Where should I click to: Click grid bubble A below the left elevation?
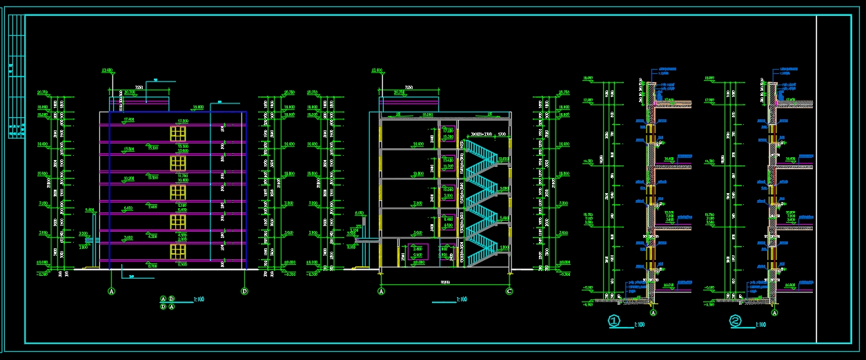coord(111,292)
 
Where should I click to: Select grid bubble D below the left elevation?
coord(244,292)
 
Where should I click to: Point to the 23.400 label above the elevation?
coord(107,70)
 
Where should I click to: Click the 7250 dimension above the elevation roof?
coord(139,88)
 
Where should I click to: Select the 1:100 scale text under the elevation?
coord(199,299)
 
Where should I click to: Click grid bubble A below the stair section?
coord(380,292)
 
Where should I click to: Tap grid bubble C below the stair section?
coord(509,292)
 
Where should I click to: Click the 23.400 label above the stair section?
coord(377,70)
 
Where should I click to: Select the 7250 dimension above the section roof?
coord(409,88)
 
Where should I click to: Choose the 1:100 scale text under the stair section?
coord(462,299)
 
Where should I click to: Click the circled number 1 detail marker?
coord(614,321)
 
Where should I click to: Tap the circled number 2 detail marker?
coord(736,321)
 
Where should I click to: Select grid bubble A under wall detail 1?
coord(653,312)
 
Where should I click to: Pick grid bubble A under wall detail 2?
coord(774,312)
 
